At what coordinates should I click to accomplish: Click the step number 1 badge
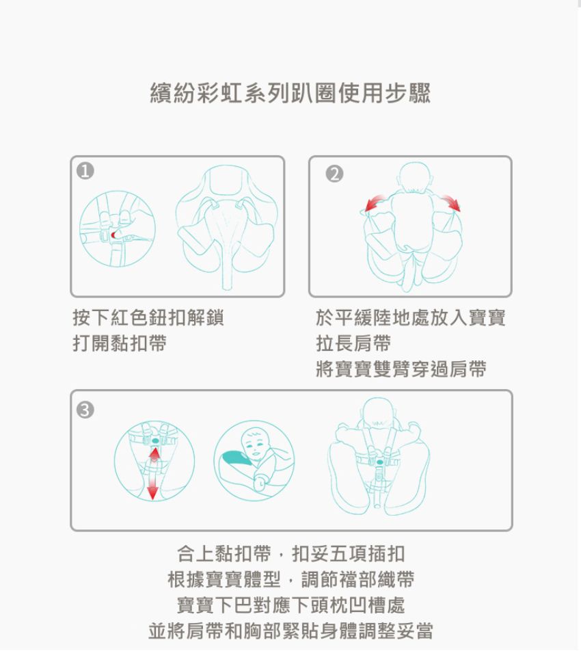coord(85,171)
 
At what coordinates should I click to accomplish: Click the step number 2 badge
coord(334,174)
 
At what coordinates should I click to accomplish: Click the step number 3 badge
coord(85,410)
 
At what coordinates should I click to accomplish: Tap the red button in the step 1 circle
coord(113,235)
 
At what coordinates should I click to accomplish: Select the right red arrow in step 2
coord(450,202)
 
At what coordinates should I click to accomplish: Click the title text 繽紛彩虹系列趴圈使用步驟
coord(290,92)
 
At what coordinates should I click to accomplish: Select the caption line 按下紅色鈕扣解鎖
coord(148,318)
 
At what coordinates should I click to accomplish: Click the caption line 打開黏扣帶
coord(120,343)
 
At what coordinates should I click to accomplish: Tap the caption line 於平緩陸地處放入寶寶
coord(410,318)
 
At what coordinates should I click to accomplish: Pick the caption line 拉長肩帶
coord(353,343)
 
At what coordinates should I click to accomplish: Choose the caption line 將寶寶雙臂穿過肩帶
coord(401,369)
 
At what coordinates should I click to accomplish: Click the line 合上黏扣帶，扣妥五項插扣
coord(291,553)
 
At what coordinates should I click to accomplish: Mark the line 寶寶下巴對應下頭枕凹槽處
coord(291,605)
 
